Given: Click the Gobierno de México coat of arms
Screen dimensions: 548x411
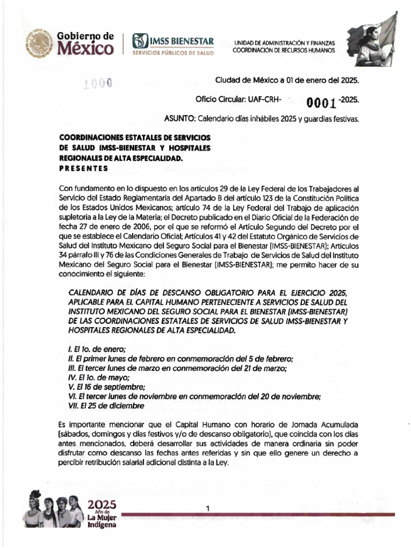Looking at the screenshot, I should (38, 43).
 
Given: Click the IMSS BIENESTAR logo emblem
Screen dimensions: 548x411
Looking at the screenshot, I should (140, 41).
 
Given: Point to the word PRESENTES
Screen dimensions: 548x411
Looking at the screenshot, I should (84, 168).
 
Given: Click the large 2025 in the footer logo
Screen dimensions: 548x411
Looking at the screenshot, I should (101, 504).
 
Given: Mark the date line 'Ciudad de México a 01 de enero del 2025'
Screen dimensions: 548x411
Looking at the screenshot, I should (287, 80).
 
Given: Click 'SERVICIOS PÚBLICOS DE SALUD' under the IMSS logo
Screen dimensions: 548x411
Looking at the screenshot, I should (173, 54).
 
